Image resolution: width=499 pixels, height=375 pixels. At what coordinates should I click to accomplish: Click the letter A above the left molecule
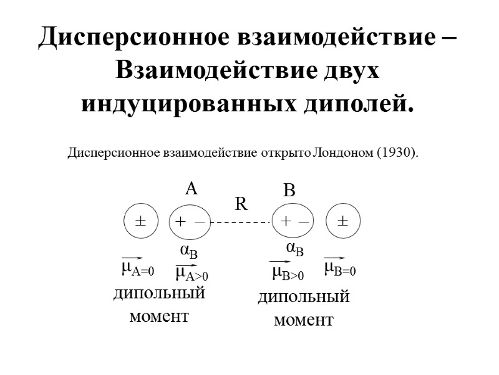[191, 189]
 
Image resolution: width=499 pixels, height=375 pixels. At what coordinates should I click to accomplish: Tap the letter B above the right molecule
[289, 191]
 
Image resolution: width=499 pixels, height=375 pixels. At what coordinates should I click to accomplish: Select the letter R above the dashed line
[241, 204]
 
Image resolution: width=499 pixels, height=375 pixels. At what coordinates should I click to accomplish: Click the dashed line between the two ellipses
[241, 222]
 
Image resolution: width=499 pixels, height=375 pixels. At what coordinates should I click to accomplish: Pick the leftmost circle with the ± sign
[141, 221]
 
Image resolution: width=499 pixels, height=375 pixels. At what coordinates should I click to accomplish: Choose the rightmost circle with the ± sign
[343, 221]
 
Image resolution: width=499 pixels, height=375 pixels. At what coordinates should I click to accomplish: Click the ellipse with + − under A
[190, 221]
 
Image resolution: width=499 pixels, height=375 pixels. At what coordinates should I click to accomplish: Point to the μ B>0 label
[288, 273]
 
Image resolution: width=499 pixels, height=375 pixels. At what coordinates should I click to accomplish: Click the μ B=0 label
[340, 269]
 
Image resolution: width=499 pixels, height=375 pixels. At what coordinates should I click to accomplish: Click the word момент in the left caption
[159, 316]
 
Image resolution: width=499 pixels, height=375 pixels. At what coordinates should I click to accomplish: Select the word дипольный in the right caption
[304, 297]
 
